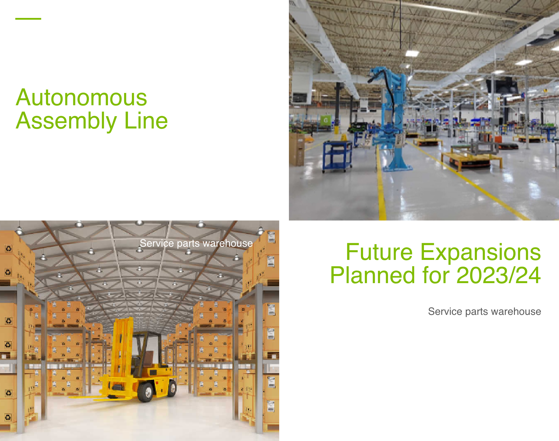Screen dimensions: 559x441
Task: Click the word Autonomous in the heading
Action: coord(81,97)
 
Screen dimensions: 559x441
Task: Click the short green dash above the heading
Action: coord(28,19)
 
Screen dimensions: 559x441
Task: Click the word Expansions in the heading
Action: coord(480,253)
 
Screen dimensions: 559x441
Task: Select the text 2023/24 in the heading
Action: coord(499,275)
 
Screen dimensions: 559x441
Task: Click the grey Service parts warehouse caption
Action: coord(485,311)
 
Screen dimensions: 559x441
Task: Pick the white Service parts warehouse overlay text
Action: coord(196,243)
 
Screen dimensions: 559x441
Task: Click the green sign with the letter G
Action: coord(326,120)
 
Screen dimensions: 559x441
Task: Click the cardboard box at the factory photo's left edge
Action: coord(297,149)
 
